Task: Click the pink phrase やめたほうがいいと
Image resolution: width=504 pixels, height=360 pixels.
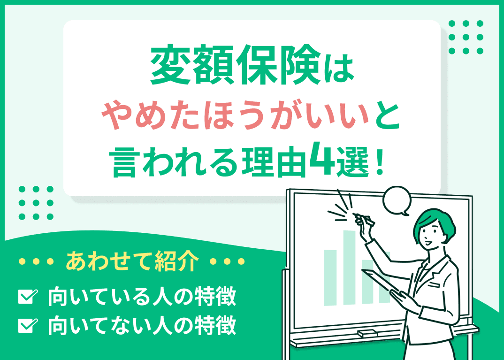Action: pyautogui.click(x=252, y=115)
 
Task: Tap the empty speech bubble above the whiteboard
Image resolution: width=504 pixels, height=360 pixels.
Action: pyautogui.click(x=397, y=200)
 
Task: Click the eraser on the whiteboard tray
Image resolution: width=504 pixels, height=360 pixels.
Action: pyautogui.click(x=367, y=333)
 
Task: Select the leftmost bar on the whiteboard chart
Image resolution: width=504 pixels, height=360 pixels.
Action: pyautogui.click(x=330, y=277)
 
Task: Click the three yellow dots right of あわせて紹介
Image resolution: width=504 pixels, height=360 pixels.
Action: pyautogui.click(x=227, y=261)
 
